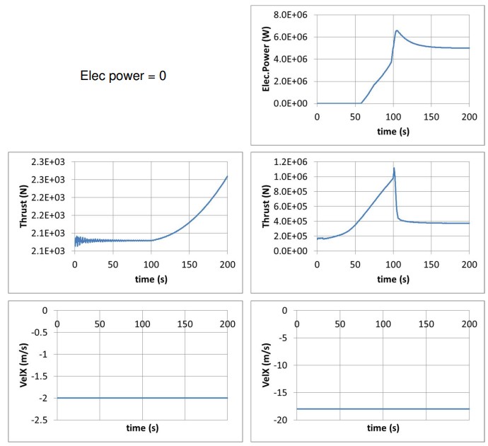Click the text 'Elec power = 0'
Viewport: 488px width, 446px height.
123,75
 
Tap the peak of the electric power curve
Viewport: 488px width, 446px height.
397,30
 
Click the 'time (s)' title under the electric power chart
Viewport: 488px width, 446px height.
393,130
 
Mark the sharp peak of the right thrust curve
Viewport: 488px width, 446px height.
393,168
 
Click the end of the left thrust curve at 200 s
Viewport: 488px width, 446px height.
227,176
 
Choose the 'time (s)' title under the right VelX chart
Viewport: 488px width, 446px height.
382,428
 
